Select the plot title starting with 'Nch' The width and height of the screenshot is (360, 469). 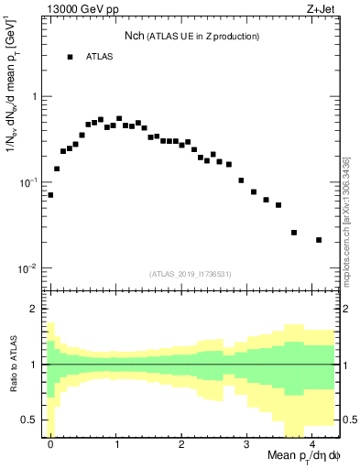pyautogui.click(x=192, y=36)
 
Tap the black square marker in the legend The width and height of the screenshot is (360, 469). pyautogui.click(x=70, y=57)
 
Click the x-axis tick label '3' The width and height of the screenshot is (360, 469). pyautogui.click(x=247, y=441)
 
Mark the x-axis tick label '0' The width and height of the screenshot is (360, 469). pyautogui.click(x=50, y=441)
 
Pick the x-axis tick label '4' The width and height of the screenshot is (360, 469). pyautogui.click(x=312, y=441)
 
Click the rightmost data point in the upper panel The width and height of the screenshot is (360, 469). pyautogui.click(x=319, y=240)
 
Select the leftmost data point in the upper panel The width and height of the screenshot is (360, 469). pyautogui.click(x=50, y=195)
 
